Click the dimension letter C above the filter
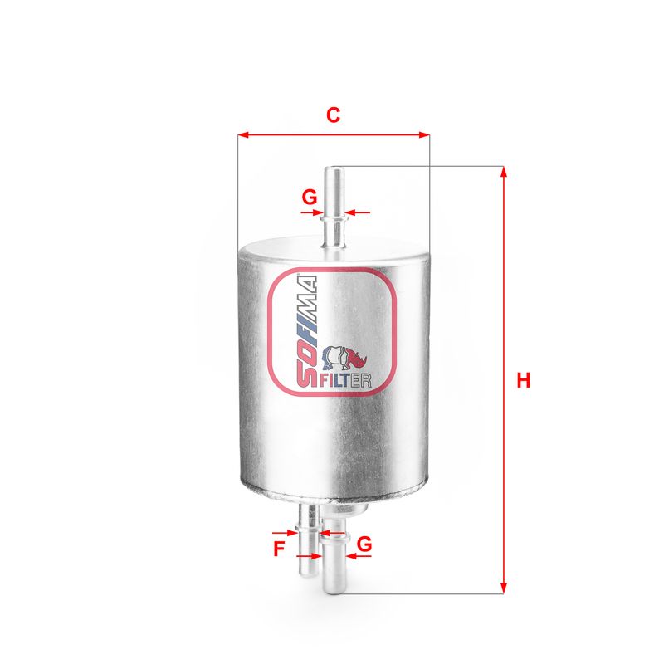[333, 115]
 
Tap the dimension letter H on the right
[524, 380]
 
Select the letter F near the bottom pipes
[279, 549]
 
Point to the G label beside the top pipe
[309, 197]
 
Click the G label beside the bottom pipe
[364, 544]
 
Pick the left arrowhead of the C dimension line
[243, 135]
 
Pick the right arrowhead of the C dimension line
[424, 135]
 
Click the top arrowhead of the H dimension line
[504, 172]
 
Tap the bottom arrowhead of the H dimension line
[504, 588]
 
